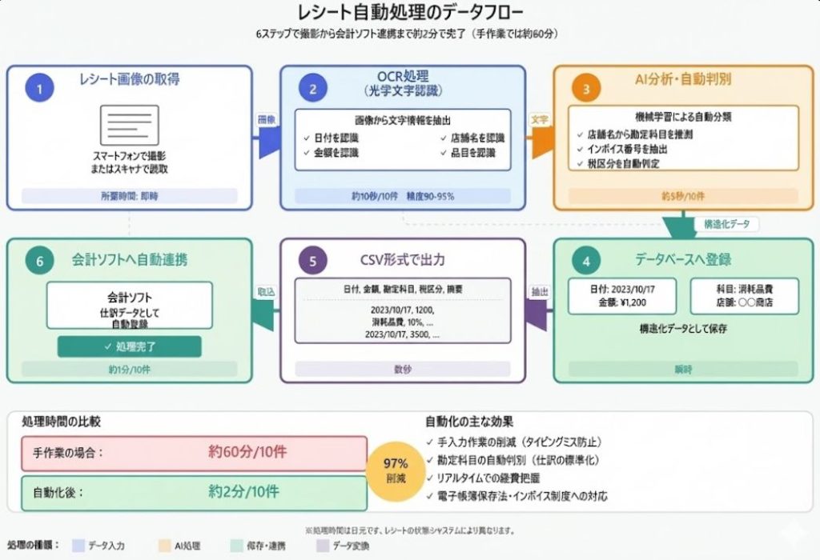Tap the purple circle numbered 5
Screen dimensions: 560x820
pyautogui.click(x=313, y=261)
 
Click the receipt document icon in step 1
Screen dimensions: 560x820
pyautogui.click(x=129, y=126)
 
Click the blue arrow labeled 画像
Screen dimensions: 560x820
pyautogui.click(x=267, y=136)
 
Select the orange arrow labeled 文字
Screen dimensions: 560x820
pyautogui.click(x=541, y=136)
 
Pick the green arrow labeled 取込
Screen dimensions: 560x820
pyautogui.click(x=266, y=308)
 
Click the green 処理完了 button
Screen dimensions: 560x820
pyautogui.click(x=129, y=346)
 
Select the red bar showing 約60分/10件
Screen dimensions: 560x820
pyautogui.click(x=194, y=453)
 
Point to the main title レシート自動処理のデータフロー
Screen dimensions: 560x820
pyautogui.click(x=410, y=14)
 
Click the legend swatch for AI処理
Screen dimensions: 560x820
pyautogui.click(x=163, y=546)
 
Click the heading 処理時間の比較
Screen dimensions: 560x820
pyautogui.click(x=62, y=421)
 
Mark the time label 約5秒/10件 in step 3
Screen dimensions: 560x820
pyautogui.click(x=683, y=196)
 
